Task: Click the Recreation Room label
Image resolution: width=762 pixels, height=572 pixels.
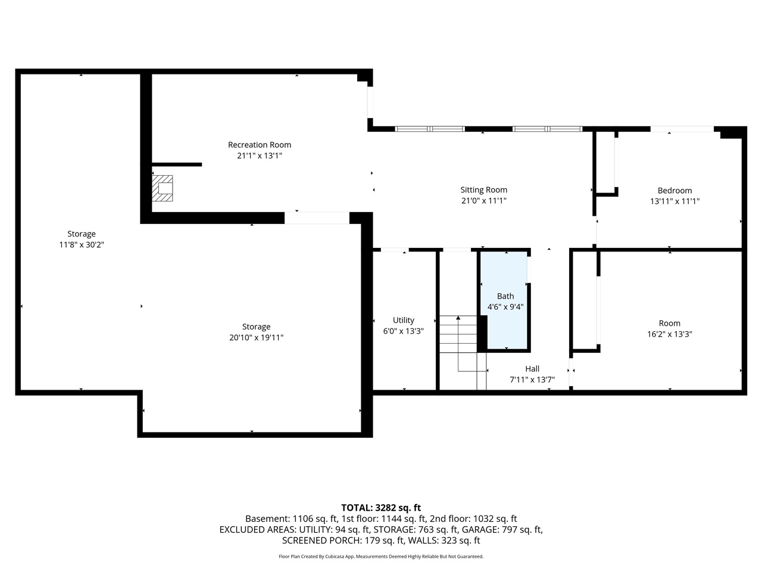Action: tap(260, 145)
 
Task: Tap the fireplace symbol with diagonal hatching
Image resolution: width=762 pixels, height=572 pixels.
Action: tap(162, 188)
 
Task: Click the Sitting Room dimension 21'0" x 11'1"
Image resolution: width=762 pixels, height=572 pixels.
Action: tap(483, 201)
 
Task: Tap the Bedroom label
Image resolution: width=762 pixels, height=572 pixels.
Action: tap(674, 191)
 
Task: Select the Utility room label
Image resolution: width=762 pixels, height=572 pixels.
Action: tap(403, 321)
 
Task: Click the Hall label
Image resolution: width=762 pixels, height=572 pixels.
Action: tap(532, 369)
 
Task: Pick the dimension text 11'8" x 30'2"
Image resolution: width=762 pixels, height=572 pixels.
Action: tap(82, 245)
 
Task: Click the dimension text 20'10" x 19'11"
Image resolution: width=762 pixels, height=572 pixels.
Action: tap(257, 338)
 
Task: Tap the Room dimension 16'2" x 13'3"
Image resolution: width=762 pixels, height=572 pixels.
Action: tap(669, 334)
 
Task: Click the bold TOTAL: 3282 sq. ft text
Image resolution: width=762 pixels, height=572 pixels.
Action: tap(381, 508)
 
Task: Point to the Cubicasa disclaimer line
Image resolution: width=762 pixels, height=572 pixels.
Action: tap(381, 557)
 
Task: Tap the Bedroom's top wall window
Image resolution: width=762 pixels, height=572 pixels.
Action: tap(682, 129)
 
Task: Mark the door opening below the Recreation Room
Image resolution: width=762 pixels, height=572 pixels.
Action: tap(317, 218)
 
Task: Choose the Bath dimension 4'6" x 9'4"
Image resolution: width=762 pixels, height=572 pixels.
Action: tap(505, 307)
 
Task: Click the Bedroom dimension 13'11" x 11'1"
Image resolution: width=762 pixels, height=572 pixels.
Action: tap(674, 201)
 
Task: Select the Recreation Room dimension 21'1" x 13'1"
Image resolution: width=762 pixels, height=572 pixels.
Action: tap(260, 156)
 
